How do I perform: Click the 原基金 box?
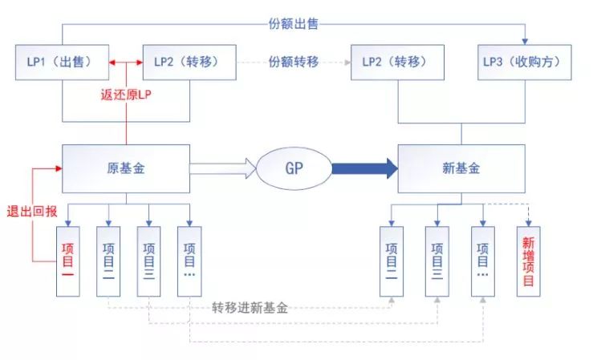(126, 168)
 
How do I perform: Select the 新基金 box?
(461, 168)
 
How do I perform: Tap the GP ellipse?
(294, 168)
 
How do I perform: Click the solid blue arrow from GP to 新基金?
(364, 168)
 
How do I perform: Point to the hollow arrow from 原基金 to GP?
(223, 168)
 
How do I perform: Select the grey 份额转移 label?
(294, 62)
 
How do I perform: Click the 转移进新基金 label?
(250, 307)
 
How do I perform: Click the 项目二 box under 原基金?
(108, 261)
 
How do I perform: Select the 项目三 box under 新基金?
(437, 261)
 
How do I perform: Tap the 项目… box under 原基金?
(189, 261)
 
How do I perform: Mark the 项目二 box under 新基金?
(391, 261)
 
